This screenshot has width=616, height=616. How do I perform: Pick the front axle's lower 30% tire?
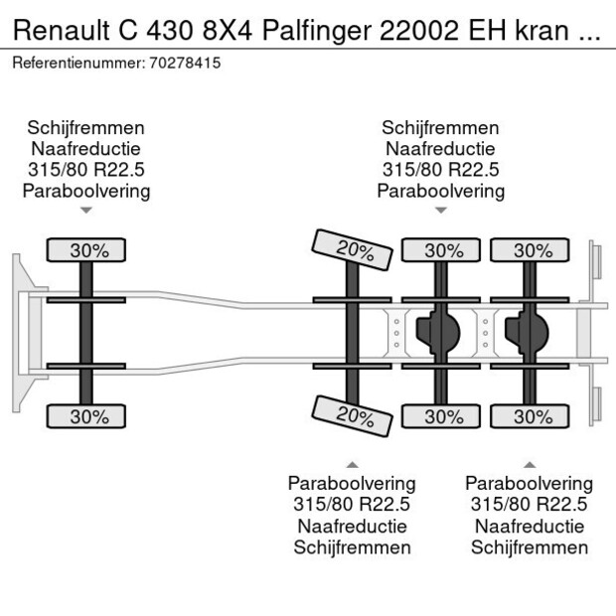(88, 416)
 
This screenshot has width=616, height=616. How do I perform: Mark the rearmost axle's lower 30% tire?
(533, 416)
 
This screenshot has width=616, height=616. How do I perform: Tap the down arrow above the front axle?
(86, 211)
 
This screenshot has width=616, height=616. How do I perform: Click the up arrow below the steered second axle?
(352, 464)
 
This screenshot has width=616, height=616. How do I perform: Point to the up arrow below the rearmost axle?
(529, 464)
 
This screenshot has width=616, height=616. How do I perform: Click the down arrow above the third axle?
(440, 211)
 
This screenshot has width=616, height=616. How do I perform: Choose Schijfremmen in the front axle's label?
(86, 128)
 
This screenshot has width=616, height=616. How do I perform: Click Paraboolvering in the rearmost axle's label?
(529, 484)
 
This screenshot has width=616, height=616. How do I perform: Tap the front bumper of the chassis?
(20, 333)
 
